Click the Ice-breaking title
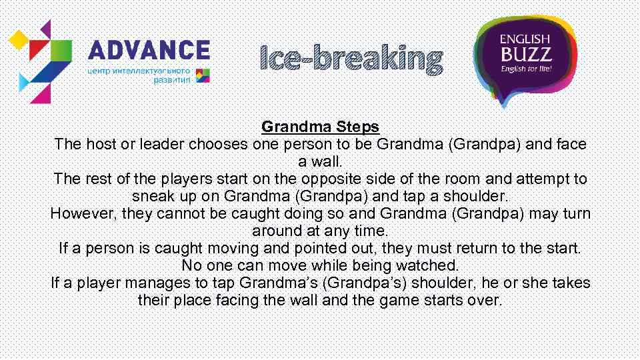351,59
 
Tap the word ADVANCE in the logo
149,51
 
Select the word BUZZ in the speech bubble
525,53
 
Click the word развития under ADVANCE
172,79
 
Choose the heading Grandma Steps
320,126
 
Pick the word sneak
153,196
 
